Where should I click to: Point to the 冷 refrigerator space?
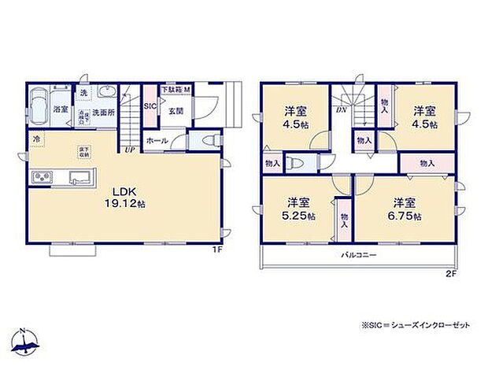tap(35, 140)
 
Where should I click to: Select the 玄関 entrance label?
tap(175, 111)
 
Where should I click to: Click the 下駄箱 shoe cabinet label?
tap(173, 89)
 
